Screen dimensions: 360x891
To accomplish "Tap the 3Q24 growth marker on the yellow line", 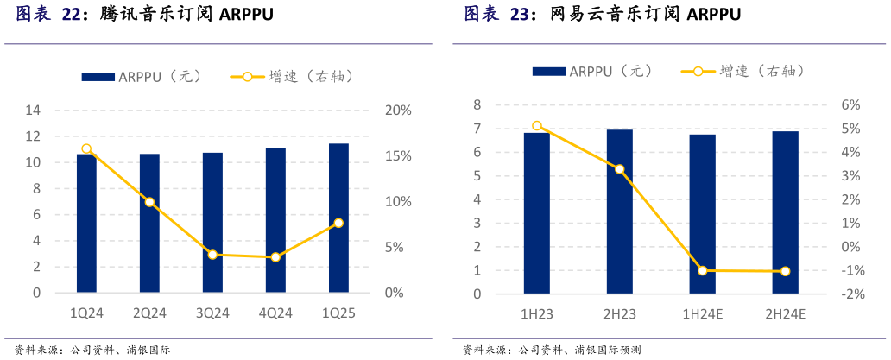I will tap(212, 255).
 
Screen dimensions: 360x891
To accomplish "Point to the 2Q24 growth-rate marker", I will tap(149, 202).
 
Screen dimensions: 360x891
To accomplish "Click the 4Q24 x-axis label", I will tap(275, 313).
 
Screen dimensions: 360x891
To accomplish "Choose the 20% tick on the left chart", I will tap(398, 111).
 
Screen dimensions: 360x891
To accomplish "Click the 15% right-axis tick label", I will tap(398, 156).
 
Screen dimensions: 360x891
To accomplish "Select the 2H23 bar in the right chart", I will tap(619, 212).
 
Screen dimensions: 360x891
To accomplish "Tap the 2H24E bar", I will tap(785, 212).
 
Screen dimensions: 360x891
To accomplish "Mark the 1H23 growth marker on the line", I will tap(537, 126).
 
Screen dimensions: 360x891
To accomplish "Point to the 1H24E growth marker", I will tap(702, 270).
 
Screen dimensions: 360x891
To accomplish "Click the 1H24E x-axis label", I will tap(702, 314).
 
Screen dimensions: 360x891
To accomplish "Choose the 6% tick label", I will tap(851, 105).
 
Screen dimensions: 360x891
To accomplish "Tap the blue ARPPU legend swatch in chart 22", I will tap(98, 77).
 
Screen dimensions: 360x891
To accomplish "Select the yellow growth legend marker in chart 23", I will tap(698, 72).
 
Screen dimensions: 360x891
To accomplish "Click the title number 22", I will tap(71, 15).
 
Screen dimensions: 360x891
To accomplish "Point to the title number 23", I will tap(518, 15).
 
